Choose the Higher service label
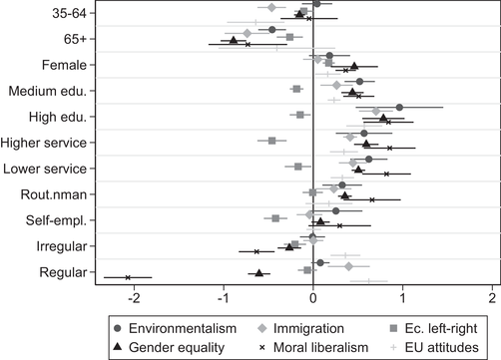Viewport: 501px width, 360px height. [45, 143]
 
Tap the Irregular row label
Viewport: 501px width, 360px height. [61, 246]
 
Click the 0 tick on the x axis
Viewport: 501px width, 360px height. [312, 297]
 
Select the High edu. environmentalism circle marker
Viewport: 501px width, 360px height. [399, 107]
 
